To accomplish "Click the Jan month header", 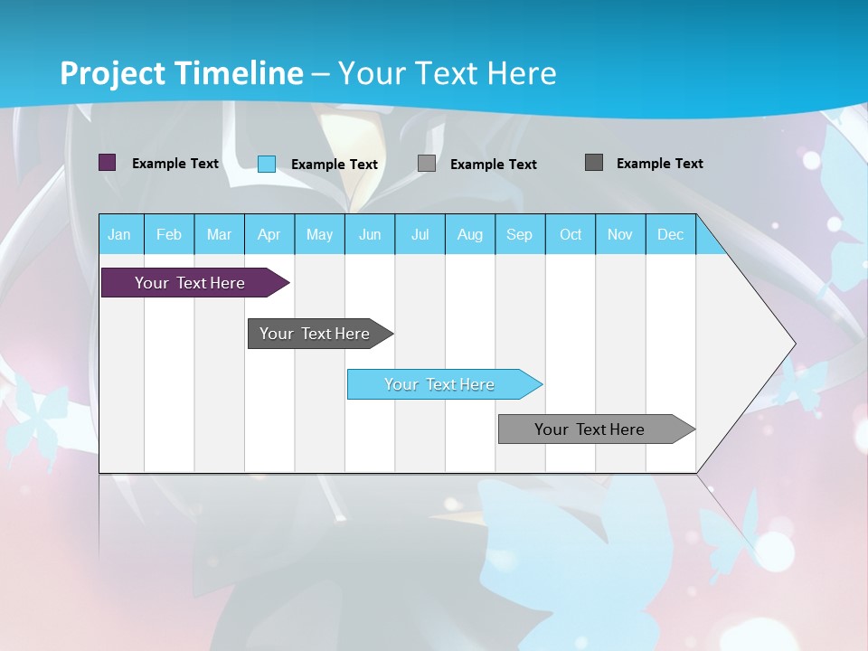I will (x=119, y=234).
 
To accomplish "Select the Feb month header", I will (x=169, y=234).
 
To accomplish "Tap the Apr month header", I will (x=269, y=234).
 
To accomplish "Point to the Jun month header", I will (x=370, y=234).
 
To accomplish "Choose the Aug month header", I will (x=470, y=234).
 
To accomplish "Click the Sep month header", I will (x=520, y=234).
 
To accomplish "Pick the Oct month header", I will (x=571, y=234).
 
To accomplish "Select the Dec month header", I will (x=671, y=234).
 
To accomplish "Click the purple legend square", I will (x=108, y=163).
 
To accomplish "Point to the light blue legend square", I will (x=267, y=164).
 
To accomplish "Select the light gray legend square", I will (x=427, y=164).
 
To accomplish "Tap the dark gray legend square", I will (x=594, y=163).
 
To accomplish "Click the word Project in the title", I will (x=112, y=73).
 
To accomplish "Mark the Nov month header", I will (x=620, y=234).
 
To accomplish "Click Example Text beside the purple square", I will (x=175, y=164).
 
